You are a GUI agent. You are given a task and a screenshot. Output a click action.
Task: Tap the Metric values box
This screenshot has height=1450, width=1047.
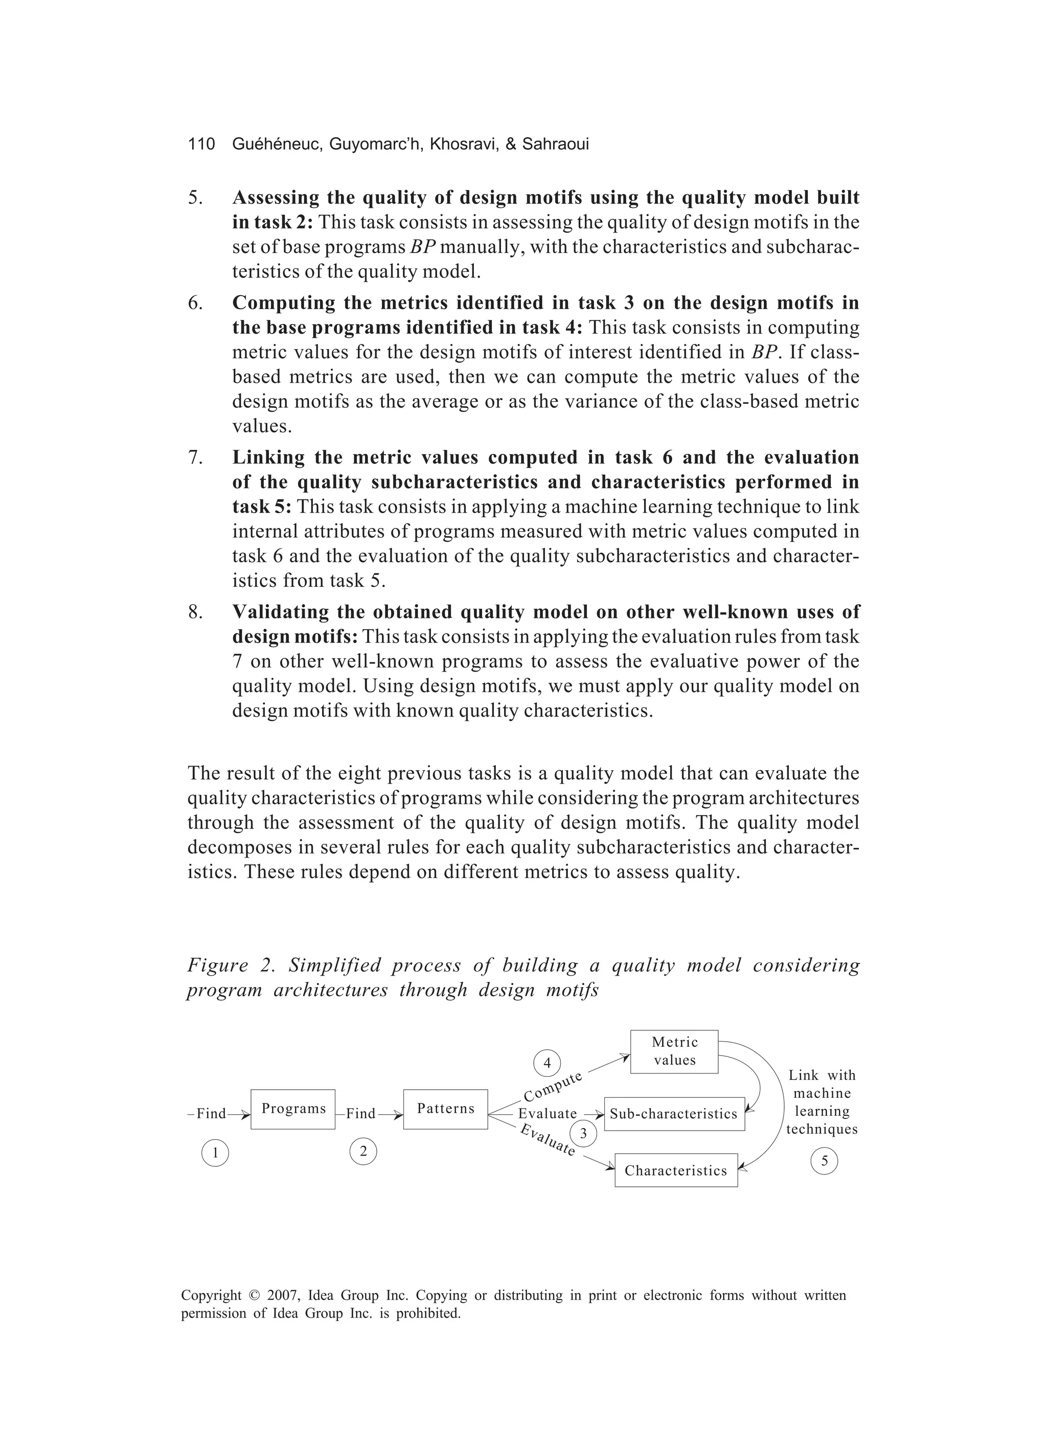tap(674, 1051)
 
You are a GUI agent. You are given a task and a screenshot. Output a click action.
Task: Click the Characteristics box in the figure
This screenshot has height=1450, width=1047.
tap(675, 1170)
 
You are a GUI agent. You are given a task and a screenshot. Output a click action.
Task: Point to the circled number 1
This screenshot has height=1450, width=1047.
tap(215, 1153)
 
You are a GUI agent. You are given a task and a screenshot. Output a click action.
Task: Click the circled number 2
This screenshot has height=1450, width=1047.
tap(362, 1152)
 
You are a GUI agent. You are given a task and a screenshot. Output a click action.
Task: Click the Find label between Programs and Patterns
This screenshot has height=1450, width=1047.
tap(361, 1114)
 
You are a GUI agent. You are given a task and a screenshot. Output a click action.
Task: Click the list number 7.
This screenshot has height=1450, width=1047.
tap(195, 458)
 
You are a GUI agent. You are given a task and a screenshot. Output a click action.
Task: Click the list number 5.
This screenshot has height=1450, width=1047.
tap(195, 198)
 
